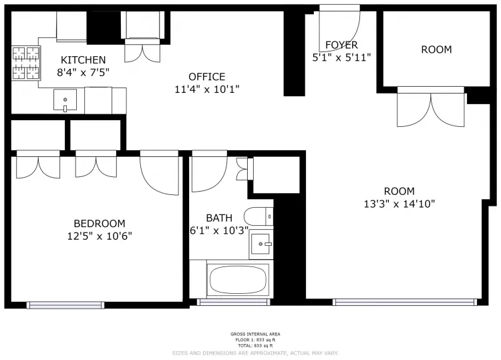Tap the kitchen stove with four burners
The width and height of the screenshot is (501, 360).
[25, 62]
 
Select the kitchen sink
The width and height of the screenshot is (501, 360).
[65, 101]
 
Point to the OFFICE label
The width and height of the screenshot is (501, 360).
[206, 77]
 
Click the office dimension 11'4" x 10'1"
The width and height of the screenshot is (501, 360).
[206, 88]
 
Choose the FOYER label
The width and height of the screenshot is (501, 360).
[341, 45]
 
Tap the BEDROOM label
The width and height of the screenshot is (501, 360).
[99, 223]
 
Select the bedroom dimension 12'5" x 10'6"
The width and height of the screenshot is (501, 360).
[99, 235]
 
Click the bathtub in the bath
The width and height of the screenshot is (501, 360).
[238, 279]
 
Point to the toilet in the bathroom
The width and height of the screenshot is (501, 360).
[259, 216]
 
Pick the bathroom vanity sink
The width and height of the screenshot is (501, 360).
[261, 244]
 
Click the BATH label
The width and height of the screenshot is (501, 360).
[219, 218]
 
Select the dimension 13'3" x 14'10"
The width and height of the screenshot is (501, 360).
[399, 203]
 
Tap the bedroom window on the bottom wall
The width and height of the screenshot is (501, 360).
[65, 305]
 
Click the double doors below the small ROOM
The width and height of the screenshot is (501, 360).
[431, 108]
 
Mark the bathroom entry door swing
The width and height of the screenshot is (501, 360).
[208, 174]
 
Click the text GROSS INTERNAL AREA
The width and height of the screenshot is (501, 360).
[255, 334]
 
